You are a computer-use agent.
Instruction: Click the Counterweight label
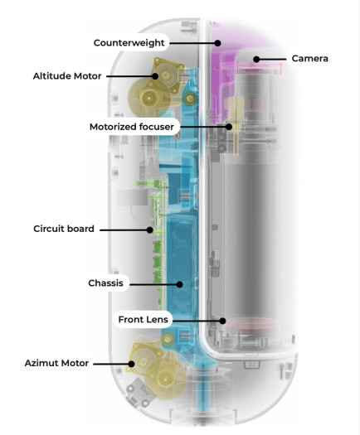(x=129, y=41)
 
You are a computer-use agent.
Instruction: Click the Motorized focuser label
(x=132, y=127)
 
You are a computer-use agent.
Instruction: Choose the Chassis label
(x=105, y=283)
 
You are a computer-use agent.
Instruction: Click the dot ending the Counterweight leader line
(x=217, y=41)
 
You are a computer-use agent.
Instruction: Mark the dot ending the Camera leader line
(x=257, y=59)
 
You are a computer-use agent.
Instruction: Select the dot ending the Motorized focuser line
(x=230, y=127)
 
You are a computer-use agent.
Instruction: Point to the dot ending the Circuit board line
(x=150, y=228)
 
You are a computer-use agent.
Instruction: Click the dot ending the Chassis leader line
(x=179, y=283)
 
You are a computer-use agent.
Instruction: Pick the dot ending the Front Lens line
(x=222, y=319)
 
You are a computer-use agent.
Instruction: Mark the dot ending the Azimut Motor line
(x=130, y=363)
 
